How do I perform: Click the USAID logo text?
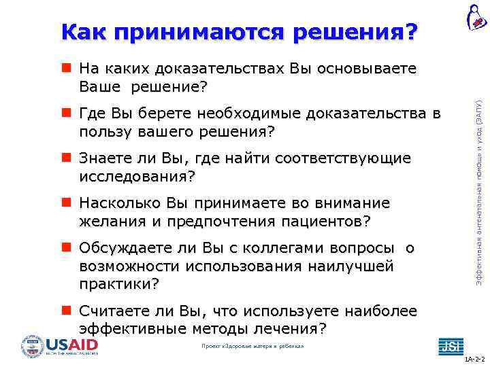pyautogui.click(x=71, y=345)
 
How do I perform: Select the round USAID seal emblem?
pyautogui.click(x=32, y=347)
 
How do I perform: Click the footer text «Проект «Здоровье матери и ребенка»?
pyautogui.click(x=253, y=347)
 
